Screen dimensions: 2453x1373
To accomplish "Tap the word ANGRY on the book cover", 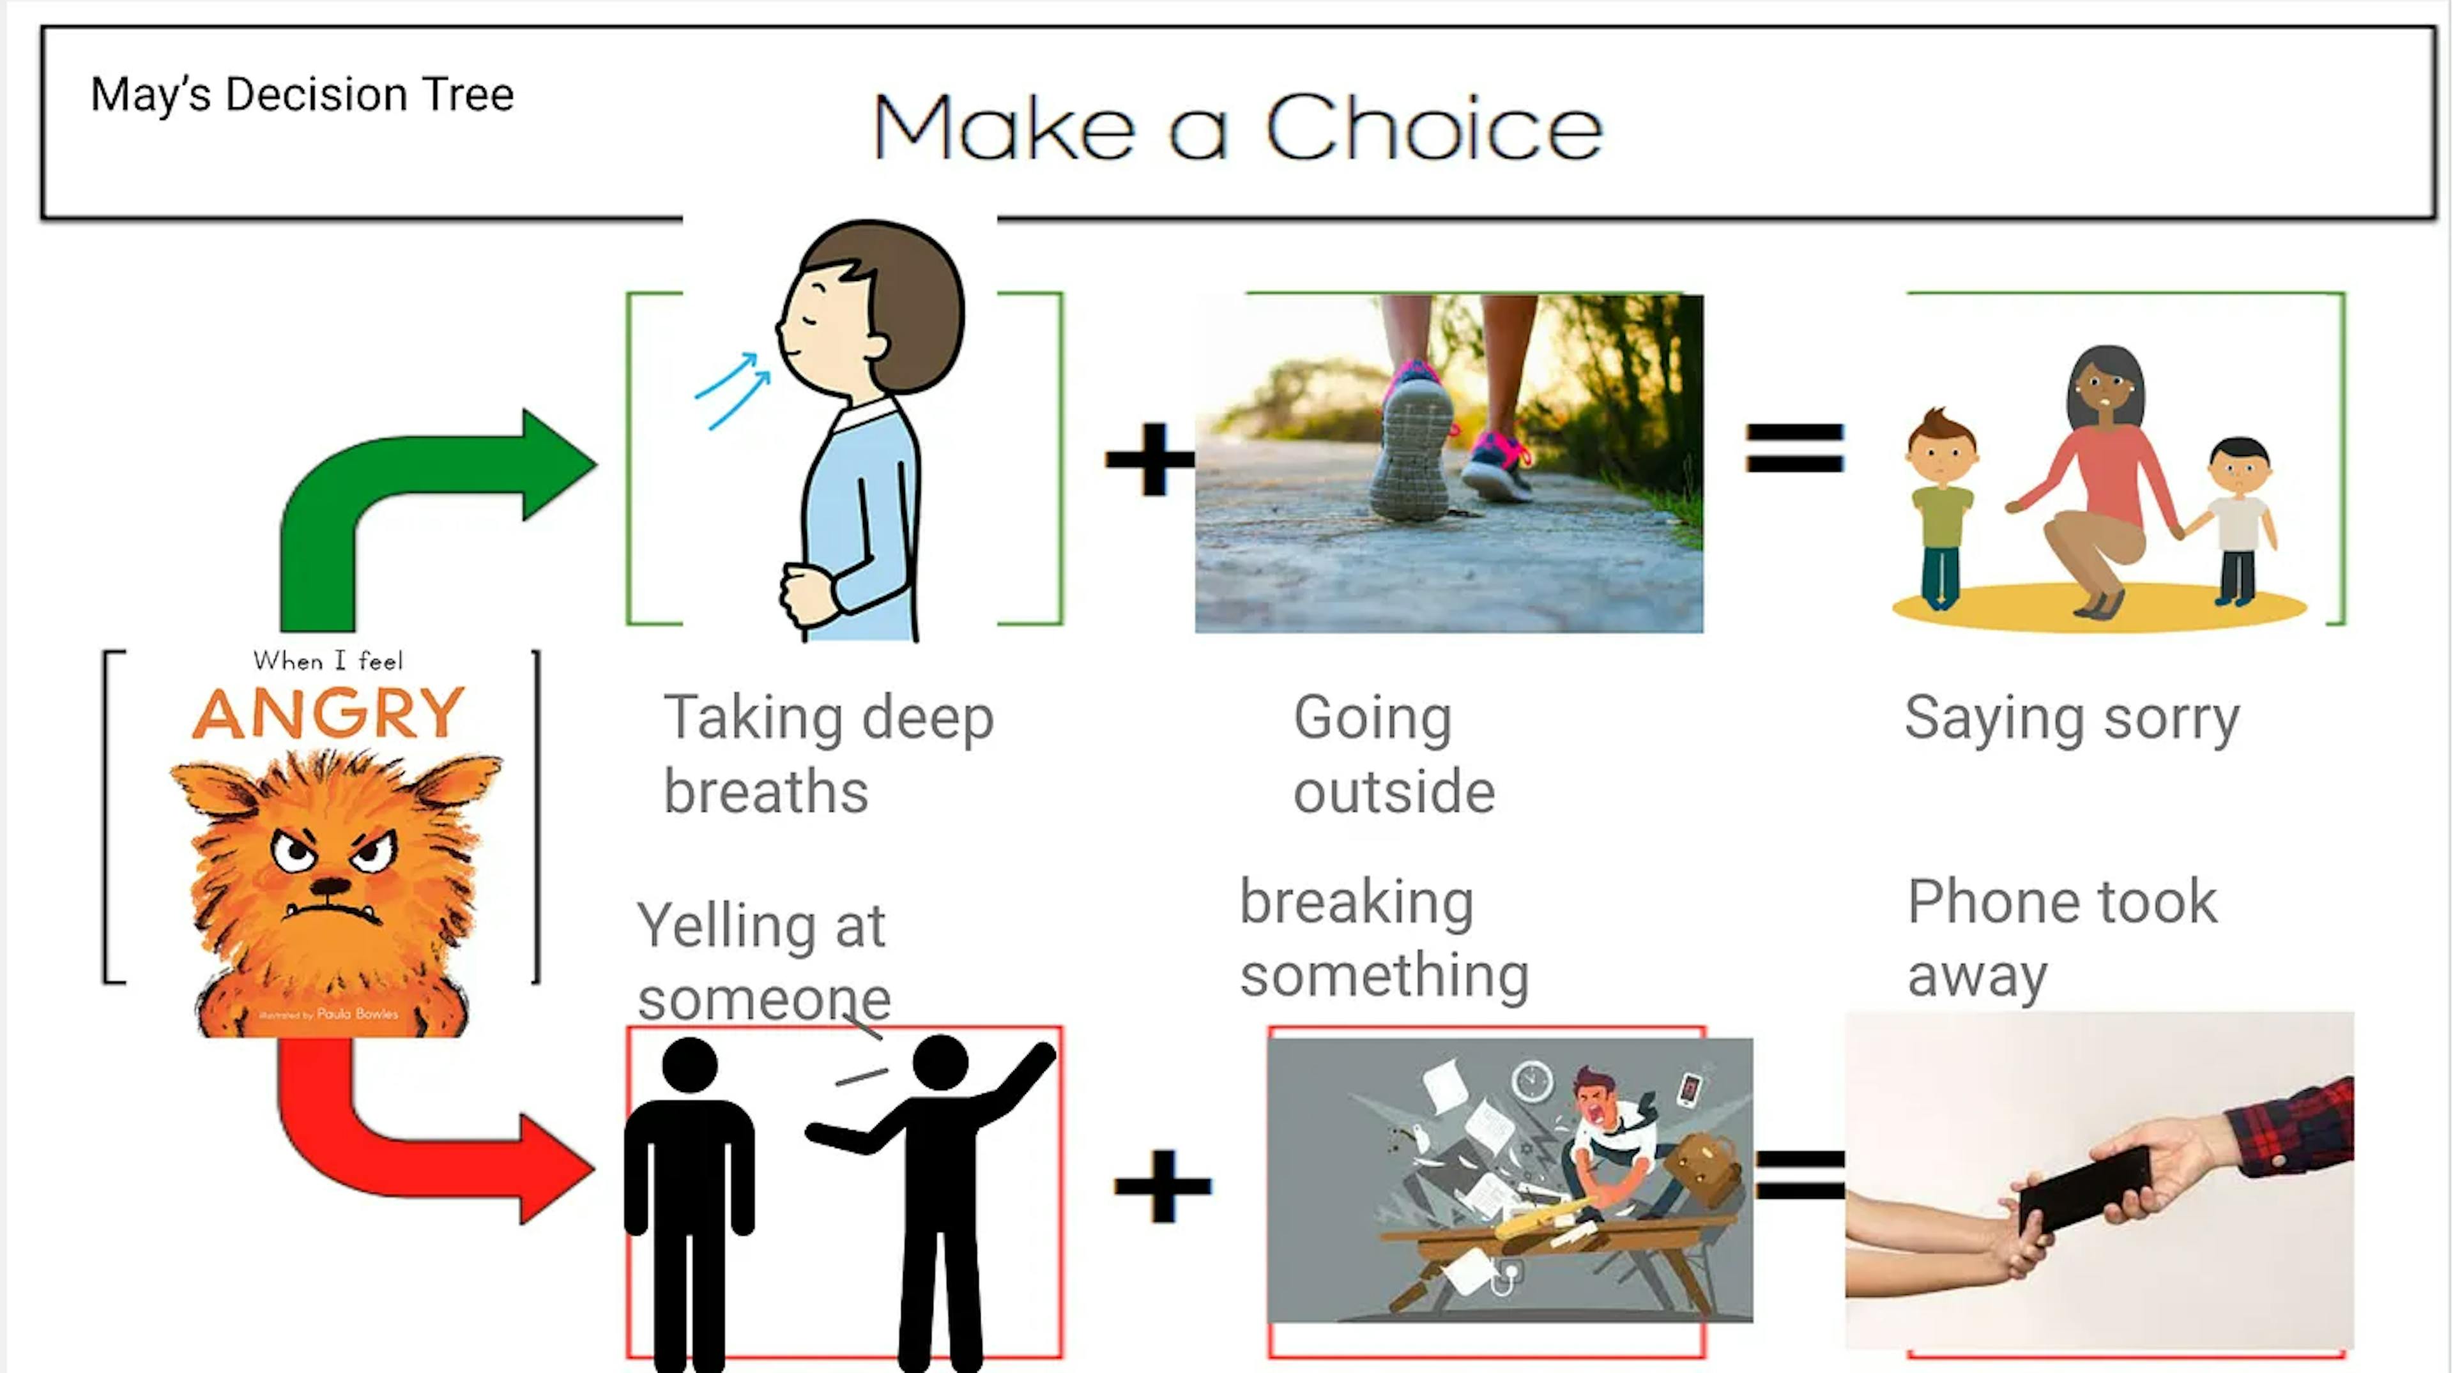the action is coord(328,713).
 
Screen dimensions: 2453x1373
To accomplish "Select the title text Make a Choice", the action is coord(1238,128).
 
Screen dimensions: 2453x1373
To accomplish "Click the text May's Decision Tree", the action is coord(302,95).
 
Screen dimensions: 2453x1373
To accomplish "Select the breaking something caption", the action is coord(1384,938).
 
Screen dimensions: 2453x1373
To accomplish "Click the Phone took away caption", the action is coord(2061,938).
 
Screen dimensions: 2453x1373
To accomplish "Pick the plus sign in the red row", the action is coord(1163,1185).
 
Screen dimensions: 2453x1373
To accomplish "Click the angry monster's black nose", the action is coord(330,886).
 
